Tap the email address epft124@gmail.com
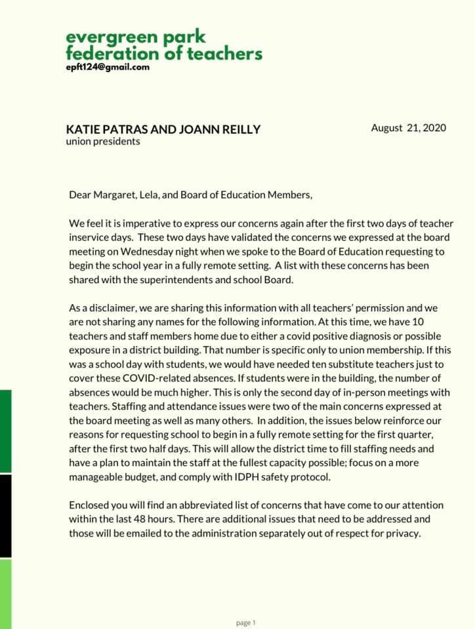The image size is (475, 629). (x=108, y=67)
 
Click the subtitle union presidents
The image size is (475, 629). (x=102, y=141)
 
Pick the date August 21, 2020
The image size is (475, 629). (x=408, y=128)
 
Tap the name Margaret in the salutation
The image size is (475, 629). (x=115, y=195)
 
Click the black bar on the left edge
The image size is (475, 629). (x=5, y=516)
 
